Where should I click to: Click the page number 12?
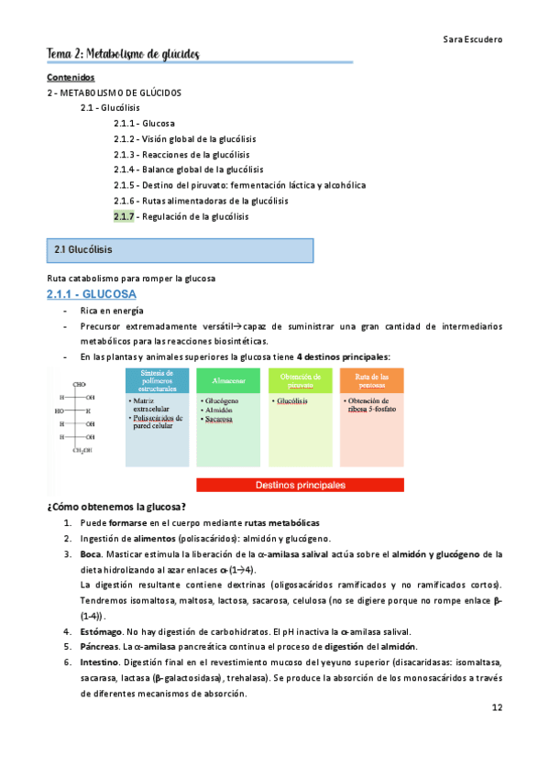coord(496,708)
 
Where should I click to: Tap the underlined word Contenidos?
coord(70,78)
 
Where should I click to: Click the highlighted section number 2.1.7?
coord(124,216)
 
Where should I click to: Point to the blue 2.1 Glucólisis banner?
coord(180,250)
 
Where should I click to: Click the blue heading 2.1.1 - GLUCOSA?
coord(92,294)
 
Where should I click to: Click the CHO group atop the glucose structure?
coord(80,384)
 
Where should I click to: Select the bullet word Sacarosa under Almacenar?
coord(220,420)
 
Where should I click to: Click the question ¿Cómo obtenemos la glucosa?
coord(115,507)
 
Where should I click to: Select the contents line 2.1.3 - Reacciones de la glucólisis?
coord(181,154)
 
